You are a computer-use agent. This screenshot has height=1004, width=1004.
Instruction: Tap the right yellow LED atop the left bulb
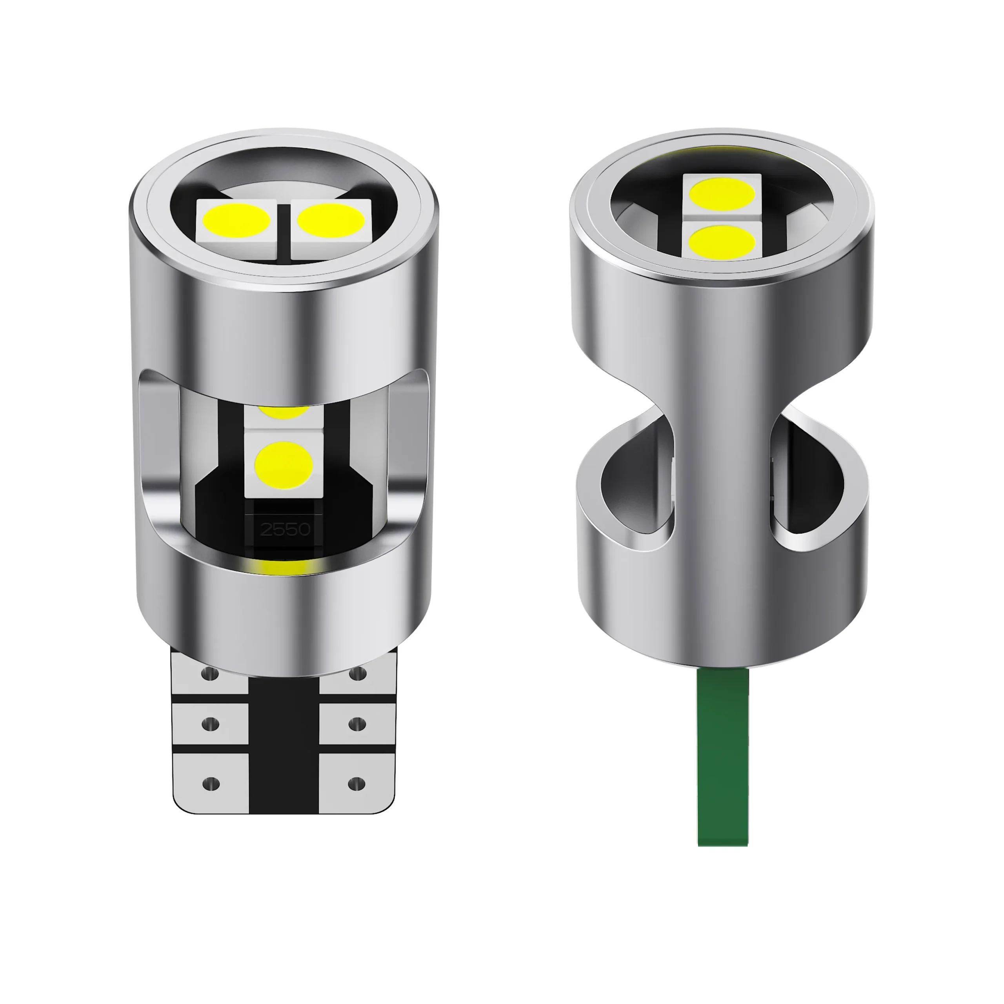331,219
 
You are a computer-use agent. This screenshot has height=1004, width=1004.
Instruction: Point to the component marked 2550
285,529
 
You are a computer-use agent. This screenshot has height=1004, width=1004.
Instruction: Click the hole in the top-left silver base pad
211,675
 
